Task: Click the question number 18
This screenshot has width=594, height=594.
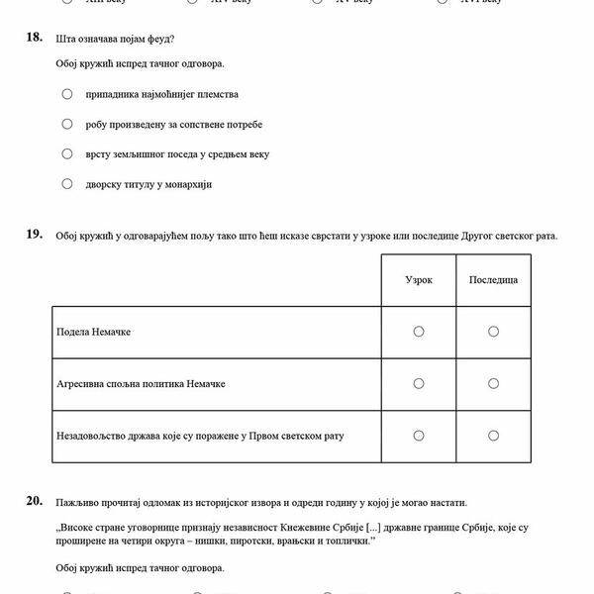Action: [35, 38]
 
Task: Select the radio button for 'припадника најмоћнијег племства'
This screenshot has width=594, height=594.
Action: [67, 94]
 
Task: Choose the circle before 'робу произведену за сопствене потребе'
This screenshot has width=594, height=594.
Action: [67, 124]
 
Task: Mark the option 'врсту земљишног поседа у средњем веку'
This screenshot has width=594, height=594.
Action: [67, 153]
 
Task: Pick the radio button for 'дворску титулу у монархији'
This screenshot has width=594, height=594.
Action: [67, 183]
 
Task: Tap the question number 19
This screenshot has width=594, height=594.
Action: [35, 235]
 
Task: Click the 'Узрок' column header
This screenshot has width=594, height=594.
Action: [419, 280]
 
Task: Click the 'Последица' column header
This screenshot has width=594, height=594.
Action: [493, 280]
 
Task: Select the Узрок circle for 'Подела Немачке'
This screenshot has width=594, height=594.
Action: [419, 331]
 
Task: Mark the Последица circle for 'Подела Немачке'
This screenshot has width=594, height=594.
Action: [493, 331]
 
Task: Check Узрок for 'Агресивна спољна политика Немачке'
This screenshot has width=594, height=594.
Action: [419, 383]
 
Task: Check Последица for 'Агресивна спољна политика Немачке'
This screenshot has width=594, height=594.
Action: [493, 383]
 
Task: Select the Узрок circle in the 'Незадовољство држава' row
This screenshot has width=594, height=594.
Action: [419, 435]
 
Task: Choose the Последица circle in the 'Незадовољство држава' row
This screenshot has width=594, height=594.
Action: [493, 435]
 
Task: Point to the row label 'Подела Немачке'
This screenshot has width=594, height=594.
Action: [94, 332]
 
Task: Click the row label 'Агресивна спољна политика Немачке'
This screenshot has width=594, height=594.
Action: [140, 383]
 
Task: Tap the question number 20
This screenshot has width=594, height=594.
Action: [35, 502]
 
